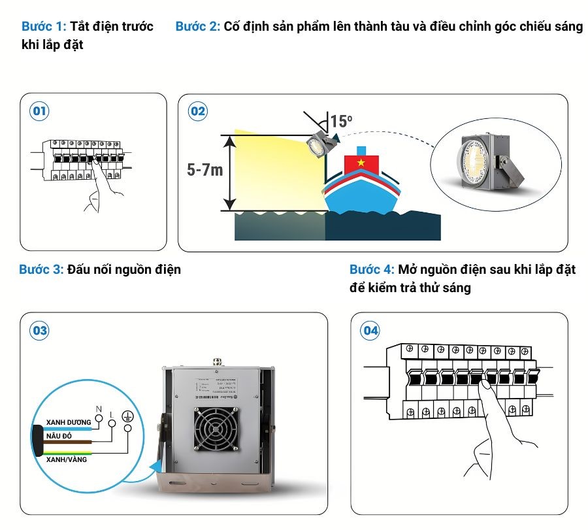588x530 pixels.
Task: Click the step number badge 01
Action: [x=39, y=111]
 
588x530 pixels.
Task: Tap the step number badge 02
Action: [x=197, y=111]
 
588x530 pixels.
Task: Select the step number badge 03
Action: [x=39, y=331]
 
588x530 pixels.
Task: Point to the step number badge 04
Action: [x=370, y=331]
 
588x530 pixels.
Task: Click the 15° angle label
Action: [x=341, y=121]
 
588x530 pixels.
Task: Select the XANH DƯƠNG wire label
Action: [x=68, y=422]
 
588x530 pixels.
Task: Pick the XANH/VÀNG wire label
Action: [x=66, y=459]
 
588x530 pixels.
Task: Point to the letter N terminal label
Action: [x=99, y=409]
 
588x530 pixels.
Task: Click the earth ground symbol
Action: [x=128, y=416]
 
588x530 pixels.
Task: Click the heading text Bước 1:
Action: [x=44, y=27]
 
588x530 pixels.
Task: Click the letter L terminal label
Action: [x=112, y=415]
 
